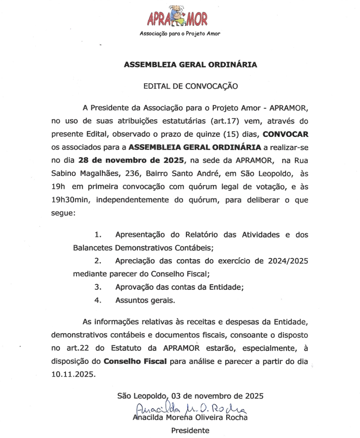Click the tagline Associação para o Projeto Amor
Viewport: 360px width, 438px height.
180,34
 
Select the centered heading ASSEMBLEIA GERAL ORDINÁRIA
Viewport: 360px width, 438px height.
190,65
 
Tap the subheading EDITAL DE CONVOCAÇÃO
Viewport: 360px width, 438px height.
190,86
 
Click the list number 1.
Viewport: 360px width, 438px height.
98,235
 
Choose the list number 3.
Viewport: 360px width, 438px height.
97,287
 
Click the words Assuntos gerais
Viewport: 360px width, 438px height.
145,300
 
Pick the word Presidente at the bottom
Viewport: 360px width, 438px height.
190,430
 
